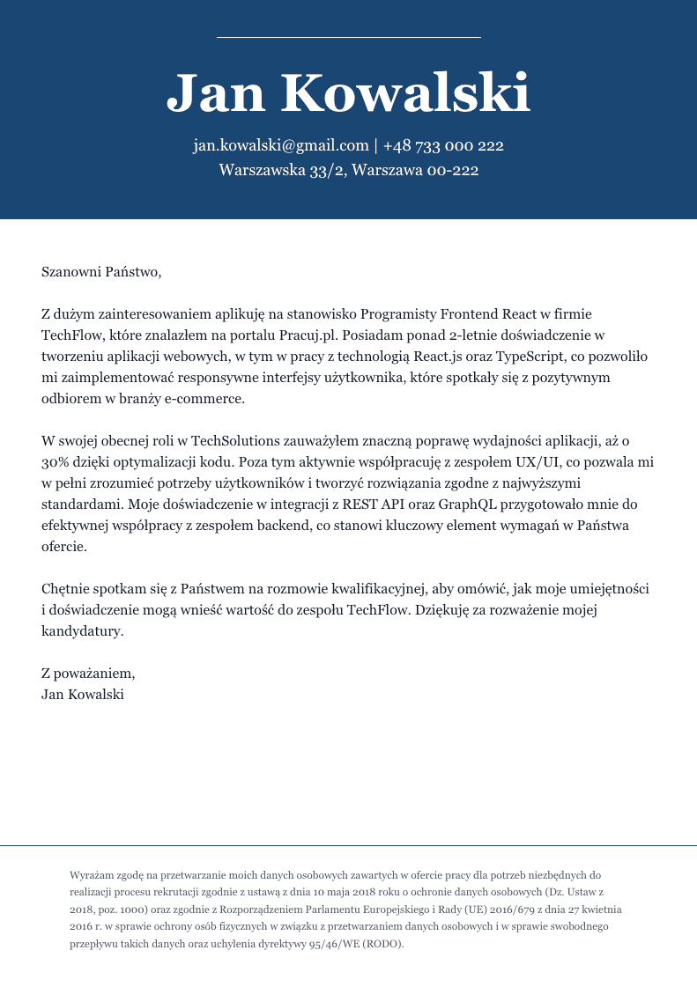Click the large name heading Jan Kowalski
(x=348, y=93)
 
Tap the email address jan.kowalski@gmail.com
(x=280, y=145)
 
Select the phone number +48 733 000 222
(x=443, y=145)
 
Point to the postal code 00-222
(x=452, y=170)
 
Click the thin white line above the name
(x=348, y=37)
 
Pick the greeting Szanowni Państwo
(x=101, y=271)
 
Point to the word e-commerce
(x=204, y=398)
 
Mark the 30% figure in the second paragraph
(x=56, y=461)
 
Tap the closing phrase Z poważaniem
(x=88, y=673)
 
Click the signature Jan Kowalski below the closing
(x=83, y=694)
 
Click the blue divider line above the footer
(x=348, y=845)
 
